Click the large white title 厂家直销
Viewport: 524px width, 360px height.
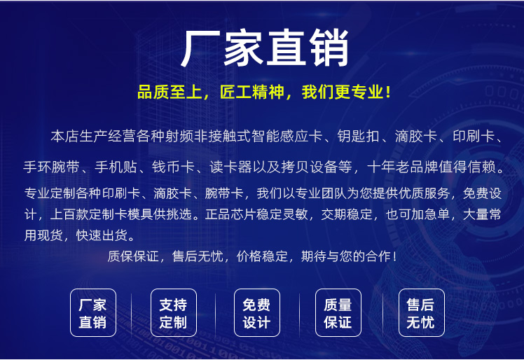[265, 48]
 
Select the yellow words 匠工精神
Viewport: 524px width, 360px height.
[251, 92]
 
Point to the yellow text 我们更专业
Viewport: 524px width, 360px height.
[342, 92]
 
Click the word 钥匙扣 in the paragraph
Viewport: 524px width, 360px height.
[358, 137]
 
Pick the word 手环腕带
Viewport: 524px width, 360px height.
[51, 167]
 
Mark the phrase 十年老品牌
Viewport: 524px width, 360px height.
[402, 167]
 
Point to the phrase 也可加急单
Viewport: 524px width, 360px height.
[418, 214]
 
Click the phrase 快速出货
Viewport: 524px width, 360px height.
[102, 235]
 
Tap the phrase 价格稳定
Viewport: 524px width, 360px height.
[262, 256]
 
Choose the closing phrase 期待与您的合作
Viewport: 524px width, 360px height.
[346, 256]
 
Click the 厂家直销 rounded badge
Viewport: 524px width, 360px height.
[93, 313]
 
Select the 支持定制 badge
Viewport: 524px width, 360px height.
[174, 313]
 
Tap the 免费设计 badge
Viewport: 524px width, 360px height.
[257, 313]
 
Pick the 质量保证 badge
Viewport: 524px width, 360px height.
[338, 313]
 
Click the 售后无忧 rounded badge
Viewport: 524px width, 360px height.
[422, 313]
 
